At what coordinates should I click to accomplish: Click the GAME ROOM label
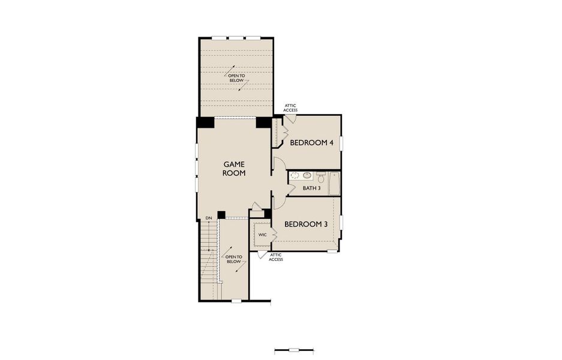[235, 168]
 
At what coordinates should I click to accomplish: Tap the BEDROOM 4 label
[311, 143]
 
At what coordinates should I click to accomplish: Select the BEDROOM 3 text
[305, 224]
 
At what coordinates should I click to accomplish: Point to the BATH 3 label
[311, 188]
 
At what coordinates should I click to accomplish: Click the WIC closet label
[262, 234]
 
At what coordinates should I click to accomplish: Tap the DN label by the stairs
[208, 218]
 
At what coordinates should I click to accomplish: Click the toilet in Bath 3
[321, 178]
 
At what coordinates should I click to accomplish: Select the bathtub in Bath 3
[334, 183]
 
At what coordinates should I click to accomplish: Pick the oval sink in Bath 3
[306, 176]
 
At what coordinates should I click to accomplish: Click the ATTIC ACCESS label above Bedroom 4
[290, 108]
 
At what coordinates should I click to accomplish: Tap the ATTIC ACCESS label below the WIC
[275, 257]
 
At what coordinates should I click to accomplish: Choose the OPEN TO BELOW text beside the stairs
[233, 259]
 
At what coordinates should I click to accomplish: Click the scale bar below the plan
[293, 350]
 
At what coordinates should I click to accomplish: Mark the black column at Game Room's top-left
[205, 122]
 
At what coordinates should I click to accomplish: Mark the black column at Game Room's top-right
[264, 122]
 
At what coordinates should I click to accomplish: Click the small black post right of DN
[221, 215]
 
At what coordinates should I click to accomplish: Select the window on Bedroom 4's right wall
[341, 144]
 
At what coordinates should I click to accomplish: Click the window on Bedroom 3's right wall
[341, 222]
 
